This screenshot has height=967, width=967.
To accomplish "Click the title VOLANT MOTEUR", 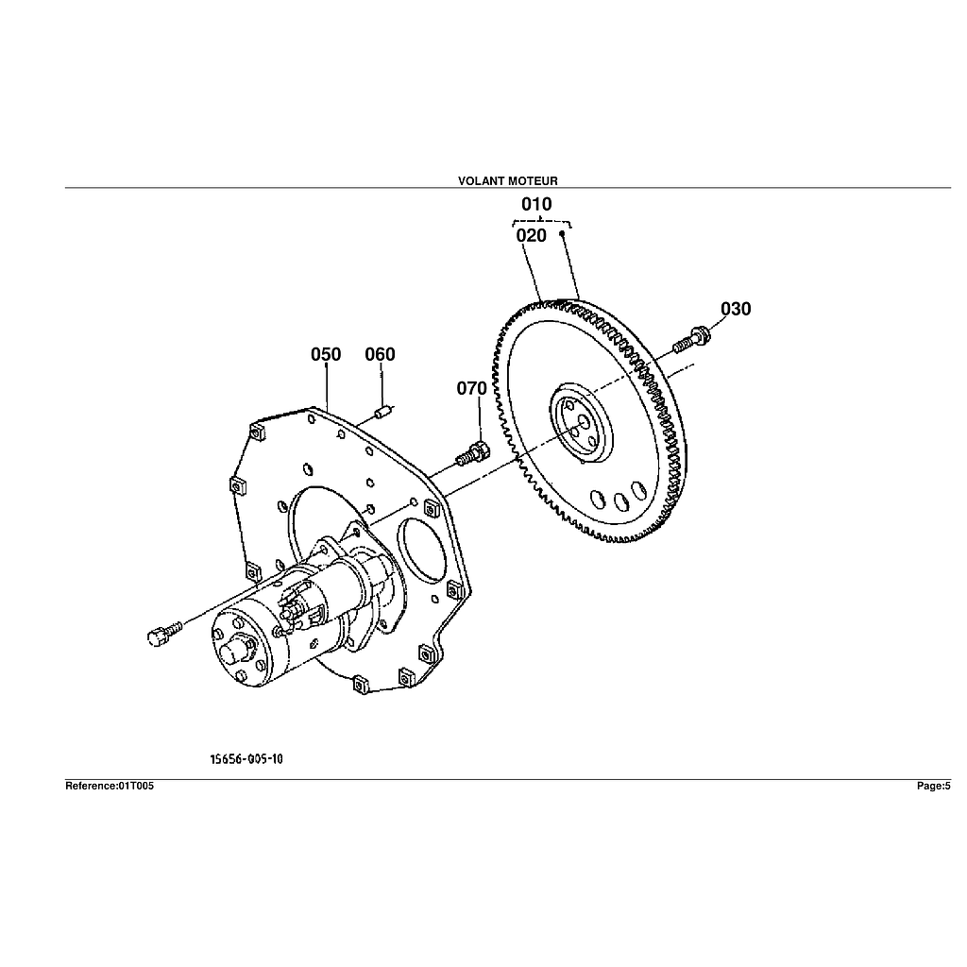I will point(507,180).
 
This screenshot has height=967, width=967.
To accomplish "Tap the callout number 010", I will point(536,204).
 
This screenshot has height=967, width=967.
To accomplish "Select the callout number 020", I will point(532,235).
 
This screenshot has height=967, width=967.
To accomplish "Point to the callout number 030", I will point(736,309).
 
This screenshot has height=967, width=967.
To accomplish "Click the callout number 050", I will point(326,354).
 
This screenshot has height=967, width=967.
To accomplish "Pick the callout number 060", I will point(381,354).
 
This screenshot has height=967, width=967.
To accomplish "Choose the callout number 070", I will point(472,388).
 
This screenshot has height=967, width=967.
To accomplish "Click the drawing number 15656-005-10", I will point(246,758).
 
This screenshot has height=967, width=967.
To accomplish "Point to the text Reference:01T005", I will point(109,786).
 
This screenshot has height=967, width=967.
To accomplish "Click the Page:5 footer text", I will point(933,786).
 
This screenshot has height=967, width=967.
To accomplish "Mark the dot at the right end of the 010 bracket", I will point(562,231).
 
